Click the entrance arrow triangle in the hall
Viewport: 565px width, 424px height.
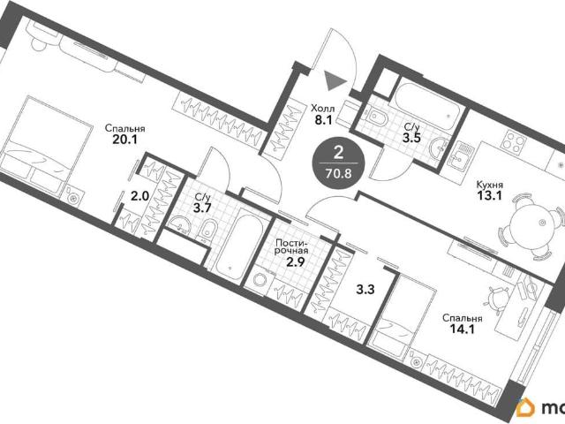[334, 80]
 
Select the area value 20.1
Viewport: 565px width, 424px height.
[124, 140]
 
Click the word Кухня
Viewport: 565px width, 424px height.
[490, 185]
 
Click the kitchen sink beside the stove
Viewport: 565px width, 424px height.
[459, 155]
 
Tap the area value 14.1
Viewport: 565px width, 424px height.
[463, 329]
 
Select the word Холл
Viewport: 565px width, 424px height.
[323, 108]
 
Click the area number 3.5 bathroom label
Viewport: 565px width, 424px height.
[412, 138]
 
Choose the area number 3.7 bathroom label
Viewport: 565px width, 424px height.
[202, 208]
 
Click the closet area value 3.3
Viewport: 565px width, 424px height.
[365, 289]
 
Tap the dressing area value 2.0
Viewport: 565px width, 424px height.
[139, 196]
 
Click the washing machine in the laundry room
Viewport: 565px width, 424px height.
[260, 281]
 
